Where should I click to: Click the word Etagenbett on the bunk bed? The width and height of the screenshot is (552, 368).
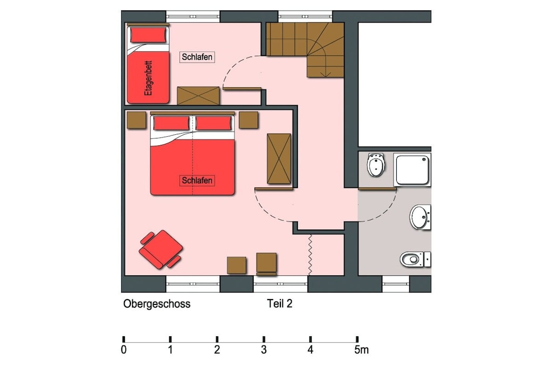(x=149, y=78)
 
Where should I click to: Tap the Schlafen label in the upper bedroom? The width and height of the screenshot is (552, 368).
(x=197, y=57)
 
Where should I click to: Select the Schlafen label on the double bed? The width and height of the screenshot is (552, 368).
(x=197, y=180)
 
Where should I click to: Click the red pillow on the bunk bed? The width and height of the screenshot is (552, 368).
(x=148, y=35)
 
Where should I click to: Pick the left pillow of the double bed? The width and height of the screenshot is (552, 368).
(x=171, y=123)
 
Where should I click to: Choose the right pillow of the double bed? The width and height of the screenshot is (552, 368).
(x=213, y=123)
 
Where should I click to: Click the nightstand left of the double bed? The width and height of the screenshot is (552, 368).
(x=136, y=120)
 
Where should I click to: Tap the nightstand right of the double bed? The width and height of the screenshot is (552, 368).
(x=249, y=120)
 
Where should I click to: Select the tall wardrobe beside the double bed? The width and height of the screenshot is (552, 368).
(x=279, y=158)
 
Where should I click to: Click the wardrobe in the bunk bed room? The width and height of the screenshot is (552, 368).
(x=198, y=96)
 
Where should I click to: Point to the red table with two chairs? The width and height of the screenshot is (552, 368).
(x=161, y=249)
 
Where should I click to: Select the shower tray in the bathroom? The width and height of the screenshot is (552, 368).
(x=412, y=170)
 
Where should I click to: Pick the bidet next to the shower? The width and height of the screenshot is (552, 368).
(x=376, y=165)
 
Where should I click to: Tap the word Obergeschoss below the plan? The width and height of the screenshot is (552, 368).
(x=157, y=304)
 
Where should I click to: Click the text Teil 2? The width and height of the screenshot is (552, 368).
(x=280, y=304)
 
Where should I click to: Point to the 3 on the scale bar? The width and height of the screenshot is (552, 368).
(x=264, y=350)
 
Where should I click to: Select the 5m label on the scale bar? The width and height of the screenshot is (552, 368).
(x=362, y=350)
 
